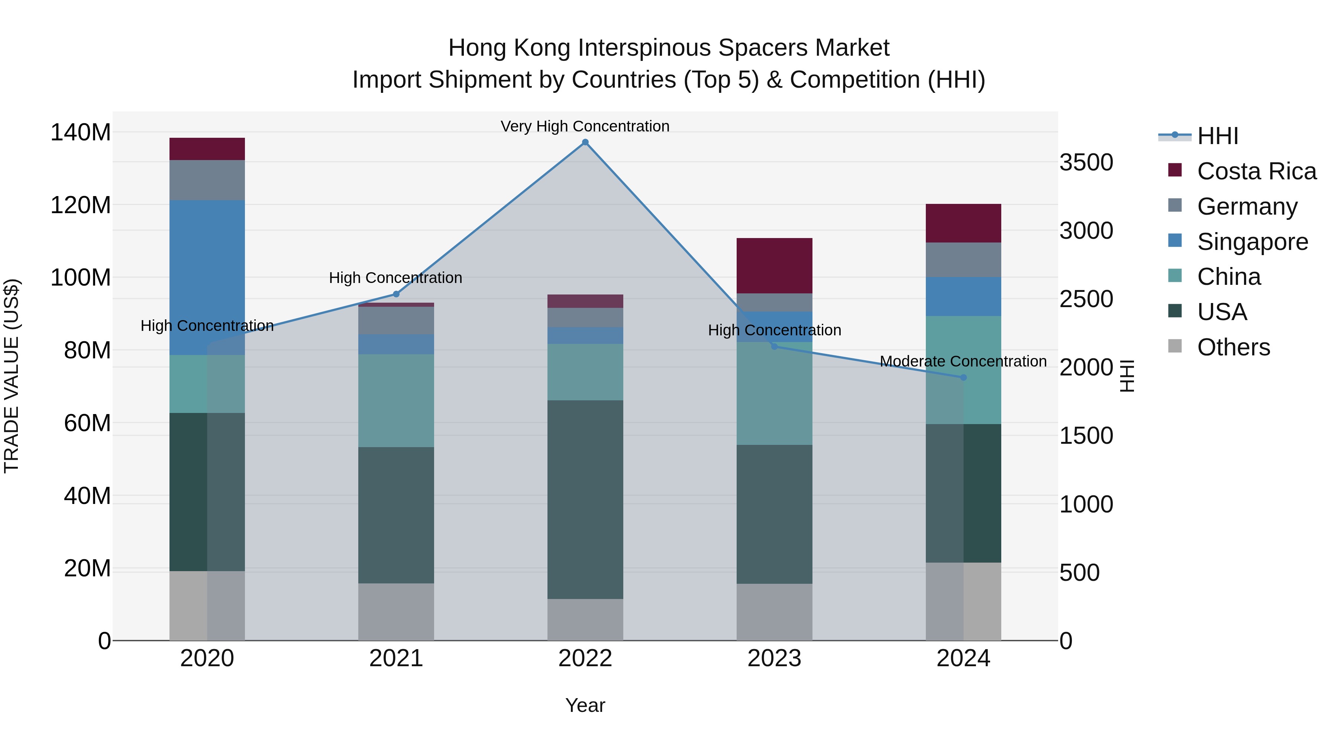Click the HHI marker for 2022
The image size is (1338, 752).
pos(585,142)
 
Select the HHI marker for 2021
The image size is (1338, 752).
pos(396,294)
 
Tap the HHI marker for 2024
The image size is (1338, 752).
pos(963,377)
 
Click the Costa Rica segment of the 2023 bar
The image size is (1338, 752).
pos(774,266)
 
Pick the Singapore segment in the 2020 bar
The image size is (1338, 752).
pos(207,278)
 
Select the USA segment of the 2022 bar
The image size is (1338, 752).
pos(585,499)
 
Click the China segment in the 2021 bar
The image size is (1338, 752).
pos(396,401)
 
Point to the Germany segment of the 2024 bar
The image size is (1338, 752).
pos(963,260)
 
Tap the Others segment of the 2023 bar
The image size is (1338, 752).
pos(774,612)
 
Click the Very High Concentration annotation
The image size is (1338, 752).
pos(585,126)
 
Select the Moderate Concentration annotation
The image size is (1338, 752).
pos(963,361)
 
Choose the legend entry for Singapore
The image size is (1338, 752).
pos(1252,242)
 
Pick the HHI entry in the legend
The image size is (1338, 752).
pos(1218,136)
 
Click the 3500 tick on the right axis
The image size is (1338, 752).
pos(1086,162)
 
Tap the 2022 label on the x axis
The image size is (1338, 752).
pos(585,658)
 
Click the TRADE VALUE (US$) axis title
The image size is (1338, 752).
pos(12,376)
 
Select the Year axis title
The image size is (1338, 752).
pos(585,705)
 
